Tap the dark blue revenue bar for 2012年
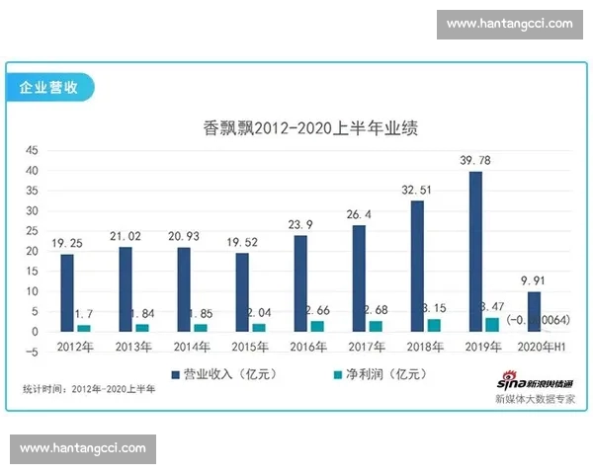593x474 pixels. (x=67, y=292)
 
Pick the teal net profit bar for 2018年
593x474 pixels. (x=434, y=324)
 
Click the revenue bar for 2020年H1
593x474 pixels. (x=534, y=310)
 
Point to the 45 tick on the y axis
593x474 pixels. (x=32, y=150)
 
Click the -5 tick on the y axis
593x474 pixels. (x=32, y=352)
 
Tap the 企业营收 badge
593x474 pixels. (x=49, y=86)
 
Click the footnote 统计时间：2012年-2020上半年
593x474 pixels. (x=89, y=389)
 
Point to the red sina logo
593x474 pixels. (x=508, y=380)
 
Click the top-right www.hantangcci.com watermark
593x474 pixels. (x=509, y=24)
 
